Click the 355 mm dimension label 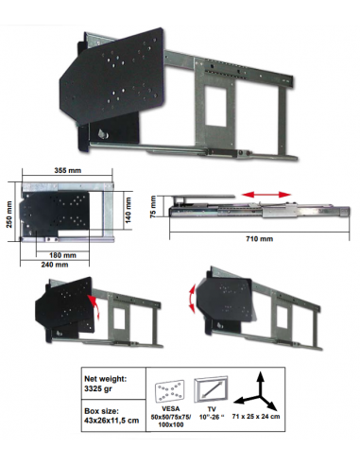(x=68, y=170)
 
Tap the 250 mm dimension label (x=9, y=215)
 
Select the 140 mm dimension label (x=129, y=210)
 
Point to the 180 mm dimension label (x=62, y=255)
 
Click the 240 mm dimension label (x=55, y=265)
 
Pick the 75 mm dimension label (x=153, y=207)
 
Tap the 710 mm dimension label (x=259, y=239)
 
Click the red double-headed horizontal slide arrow (x=266, y=195)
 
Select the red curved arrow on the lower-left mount (x=94, y=306)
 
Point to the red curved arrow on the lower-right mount (x=192, y=299)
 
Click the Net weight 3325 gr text (x=106, y=384)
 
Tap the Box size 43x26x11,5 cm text (x=111, y=416)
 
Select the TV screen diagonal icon (x=211, y=389)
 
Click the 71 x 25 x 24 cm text (x=256, y=416)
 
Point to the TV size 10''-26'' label (x=212, y=413)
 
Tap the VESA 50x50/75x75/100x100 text (x=170, y=417)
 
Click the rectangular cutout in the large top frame (x=216, y=106)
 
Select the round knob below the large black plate (x=103, y=134)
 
